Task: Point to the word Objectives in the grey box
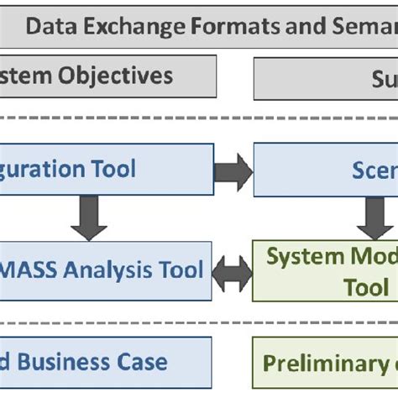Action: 116,76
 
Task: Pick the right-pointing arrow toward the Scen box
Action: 233,171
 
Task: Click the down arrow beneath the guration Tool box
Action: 89,219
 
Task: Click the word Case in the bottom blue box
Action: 146,363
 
